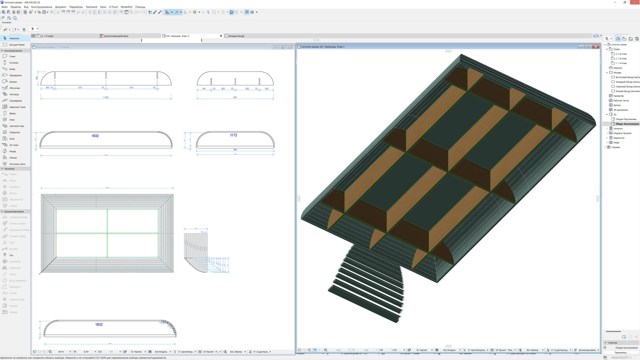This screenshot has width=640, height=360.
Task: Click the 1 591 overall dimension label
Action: point(106,97)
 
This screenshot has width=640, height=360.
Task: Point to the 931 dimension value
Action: point(235,97)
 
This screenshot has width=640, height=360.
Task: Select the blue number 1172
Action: point(233,135)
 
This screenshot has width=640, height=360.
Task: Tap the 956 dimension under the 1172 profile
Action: point(235,150)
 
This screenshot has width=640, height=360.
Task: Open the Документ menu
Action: point(61,7)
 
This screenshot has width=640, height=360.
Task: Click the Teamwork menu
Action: point(91,7)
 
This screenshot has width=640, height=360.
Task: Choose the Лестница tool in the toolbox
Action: point(14,94)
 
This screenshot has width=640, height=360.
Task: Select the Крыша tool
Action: point(13,82)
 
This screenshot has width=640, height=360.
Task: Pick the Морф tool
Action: point(12,151)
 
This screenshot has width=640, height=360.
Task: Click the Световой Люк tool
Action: point(17,126)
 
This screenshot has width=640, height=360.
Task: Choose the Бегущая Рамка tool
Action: point(17,45)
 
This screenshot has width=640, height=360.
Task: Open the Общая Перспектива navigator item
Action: point(626,119)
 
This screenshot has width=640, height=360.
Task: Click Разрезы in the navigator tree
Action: point(618,68)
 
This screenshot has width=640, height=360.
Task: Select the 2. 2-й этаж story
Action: point(621,58)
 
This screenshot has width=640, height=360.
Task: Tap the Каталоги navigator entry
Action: point(618,128)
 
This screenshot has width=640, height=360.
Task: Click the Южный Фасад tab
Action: point(236,36)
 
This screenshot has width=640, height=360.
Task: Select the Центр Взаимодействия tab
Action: point(116,36)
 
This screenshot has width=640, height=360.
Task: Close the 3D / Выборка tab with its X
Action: point(221,36)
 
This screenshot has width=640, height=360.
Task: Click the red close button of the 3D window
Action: point(596,47)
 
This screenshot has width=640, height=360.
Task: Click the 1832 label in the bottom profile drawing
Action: point(99,324)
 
